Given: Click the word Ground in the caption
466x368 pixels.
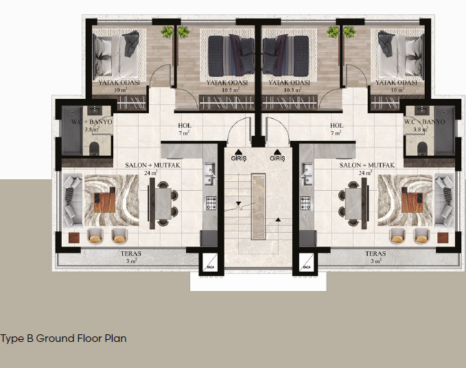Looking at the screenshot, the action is (x=56, y=338).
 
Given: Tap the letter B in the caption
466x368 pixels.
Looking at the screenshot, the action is (x=30, y=338).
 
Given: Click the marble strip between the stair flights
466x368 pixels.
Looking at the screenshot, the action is (x=258, y=207).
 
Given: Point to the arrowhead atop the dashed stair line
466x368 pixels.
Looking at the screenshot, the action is (x=278, y=220).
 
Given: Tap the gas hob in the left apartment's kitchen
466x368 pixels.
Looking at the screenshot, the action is (x=211, y=203).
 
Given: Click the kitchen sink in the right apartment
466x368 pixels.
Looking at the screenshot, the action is (x=307, y=174).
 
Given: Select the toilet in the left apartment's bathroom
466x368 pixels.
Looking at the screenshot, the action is (x=94, y=148).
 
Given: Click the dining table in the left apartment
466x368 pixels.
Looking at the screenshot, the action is (x=163, y=204).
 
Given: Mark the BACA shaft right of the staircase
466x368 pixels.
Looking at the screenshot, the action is (x=306, y=263).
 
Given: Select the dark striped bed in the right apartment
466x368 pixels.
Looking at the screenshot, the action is (x=286, y=56).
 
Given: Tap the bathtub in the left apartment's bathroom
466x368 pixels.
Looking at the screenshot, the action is (x=72, y=130).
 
